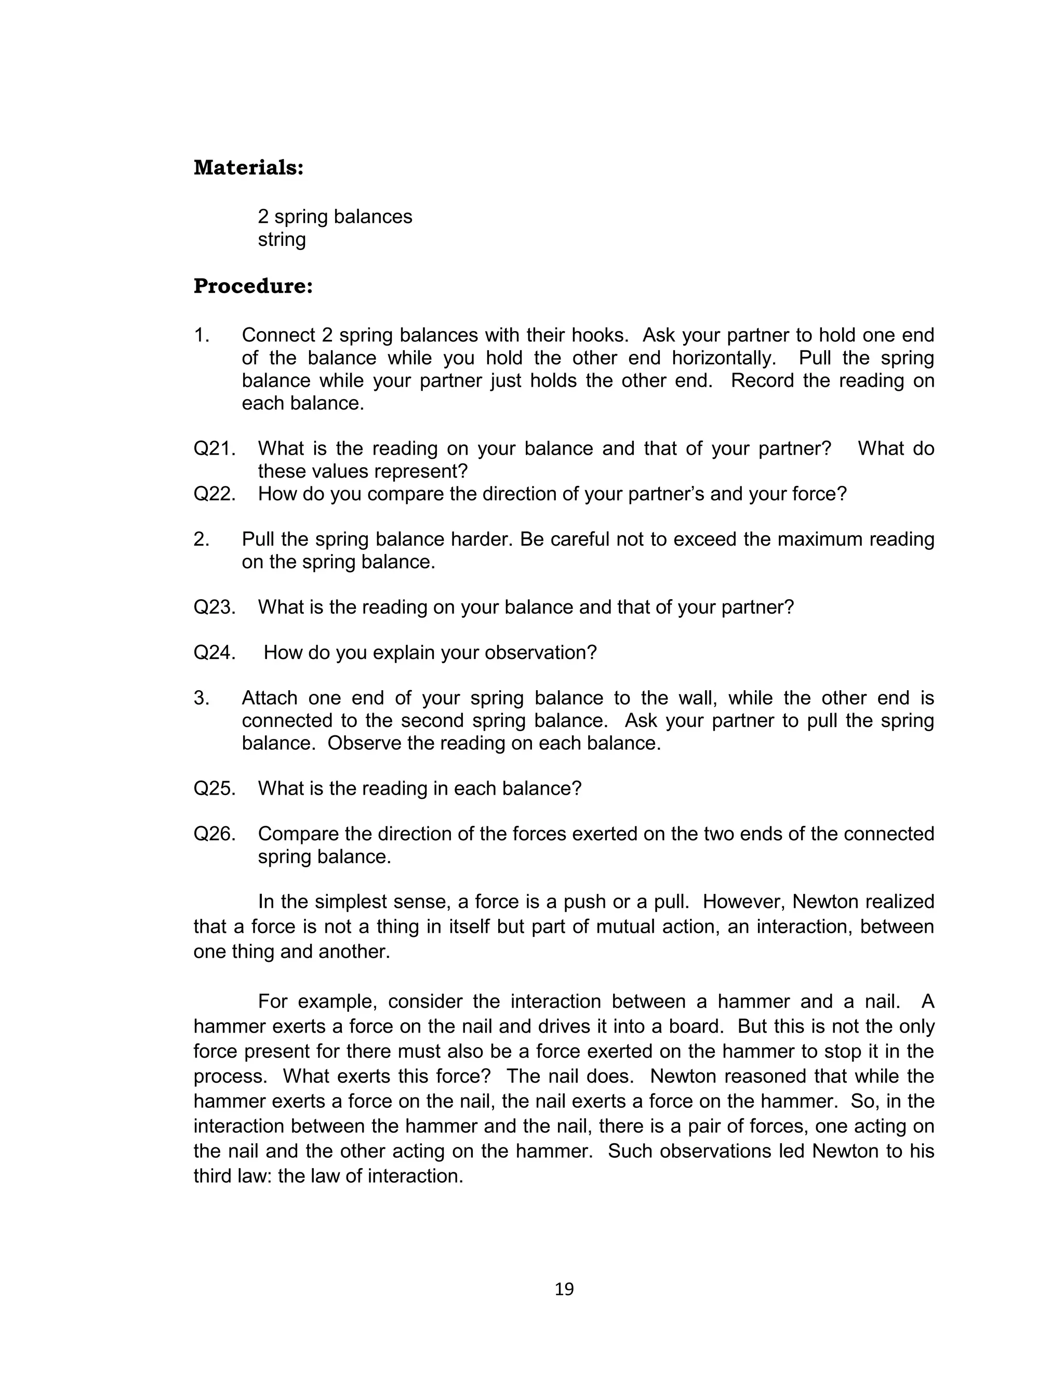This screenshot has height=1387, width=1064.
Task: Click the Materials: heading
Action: [x=248, y=168]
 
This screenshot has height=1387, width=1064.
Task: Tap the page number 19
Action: [x=564, y=1289]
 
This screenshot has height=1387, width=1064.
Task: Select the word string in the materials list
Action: [x=281, y=240]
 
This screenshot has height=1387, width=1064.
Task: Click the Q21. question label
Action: [x=214, y=448]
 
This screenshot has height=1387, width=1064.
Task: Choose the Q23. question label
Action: [x=214, y=607]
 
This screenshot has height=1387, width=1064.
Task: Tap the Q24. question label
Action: [x=214, y=652]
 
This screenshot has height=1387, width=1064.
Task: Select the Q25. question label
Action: [x=214, y=788]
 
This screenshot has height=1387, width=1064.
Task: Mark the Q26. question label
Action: [x=214, y=834]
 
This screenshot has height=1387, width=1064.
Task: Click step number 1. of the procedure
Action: [x=202, y=335]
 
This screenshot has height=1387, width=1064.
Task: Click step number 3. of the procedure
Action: [x=202, y=698]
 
